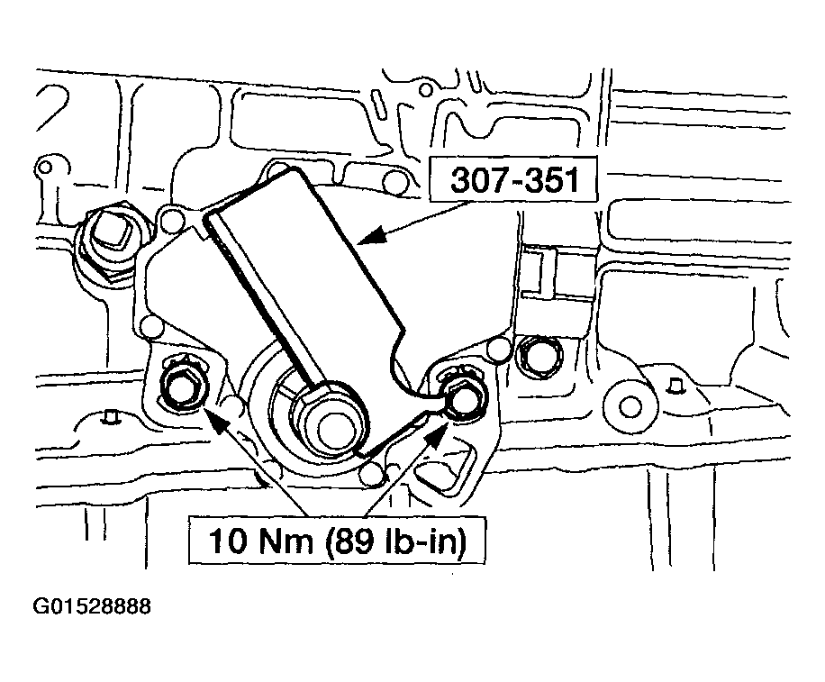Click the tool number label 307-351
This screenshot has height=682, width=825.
pyautogui.click(x=513, y=179)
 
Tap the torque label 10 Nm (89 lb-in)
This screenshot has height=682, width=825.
pyautogui.click(x=337, y=541)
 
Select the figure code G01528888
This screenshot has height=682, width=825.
pyautogui.click(x=92, y=606)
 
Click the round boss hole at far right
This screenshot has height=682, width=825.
pyautogui.click(x=630, y=406)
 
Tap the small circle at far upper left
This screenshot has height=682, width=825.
pyautogui.click(x=45, y=168)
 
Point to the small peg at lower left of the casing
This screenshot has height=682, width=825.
pyautogui.click(x=110, y=416)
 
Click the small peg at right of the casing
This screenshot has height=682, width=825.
pyautogui.click(x=674, y=386)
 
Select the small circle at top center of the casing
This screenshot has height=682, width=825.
pyautogui.click(x=426, y=90)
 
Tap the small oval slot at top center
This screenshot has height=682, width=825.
pyautogui.click(x=376, y=103)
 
